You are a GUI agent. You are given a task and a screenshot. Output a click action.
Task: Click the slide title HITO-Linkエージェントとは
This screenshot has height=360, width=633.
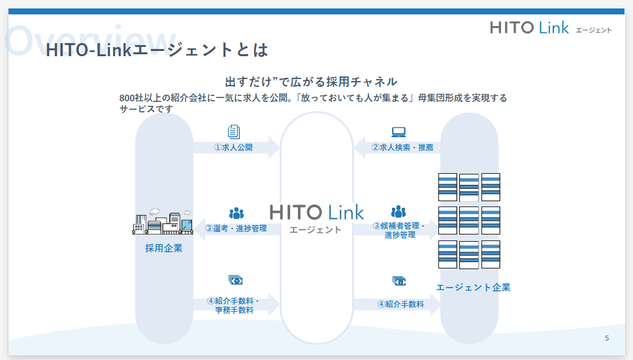157,50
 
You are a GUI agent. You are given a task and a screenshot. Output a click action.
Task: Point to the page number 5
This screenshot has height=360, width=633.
607,338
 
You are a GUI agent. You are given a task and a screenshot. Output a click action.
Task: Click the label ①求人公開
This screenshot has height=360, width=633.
233,147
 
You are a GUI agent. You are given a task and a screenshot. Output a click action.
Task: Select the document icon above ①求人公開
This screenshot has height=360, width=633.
233,131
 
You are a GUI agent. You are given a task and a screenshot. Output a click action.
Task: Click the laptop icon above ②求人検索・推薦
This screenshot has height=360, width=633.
398,132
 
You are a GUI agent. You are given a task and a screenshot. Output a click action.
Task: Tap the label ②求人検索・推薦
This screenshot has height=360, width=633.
402,147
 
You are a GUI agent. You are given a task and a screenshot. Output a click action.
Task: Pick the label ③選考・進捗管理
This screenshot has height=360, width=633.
236,229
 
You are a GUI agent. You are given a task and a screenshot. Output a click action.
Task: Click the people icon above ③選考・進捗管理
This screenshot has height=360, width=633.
236,213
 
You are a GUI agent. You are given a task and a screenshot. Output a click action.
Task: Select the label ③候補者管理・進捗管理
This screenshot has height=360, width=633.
399,230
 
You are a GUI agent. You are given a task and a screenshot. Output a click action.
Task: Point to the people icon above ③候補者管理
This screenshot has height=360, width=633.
398,212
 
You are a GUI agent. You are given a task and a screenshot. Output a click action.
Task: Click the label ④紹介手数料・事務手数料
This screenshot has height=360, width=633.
234,305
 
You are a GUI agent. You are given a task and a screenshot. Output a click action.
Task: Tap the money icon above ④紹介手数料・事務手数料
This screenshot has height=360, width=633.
235,280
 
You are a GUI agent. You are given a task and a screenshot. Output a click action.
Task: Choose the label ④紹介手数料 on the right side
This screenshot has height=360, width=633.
400,304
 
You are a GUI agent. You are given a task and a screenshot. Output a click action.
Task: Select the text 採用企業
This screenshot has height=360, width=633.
163,248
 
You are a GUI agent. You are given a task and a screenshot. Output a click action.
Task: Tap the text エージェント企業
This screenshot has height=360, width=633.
473,287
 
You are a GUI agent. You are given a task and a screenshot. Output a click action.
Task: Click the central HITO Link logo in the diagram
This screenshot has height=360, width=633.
317,212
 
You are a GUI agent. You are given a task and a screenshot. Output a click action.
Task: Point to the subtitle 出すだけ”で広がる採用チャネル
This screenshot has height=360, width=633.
311,82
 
